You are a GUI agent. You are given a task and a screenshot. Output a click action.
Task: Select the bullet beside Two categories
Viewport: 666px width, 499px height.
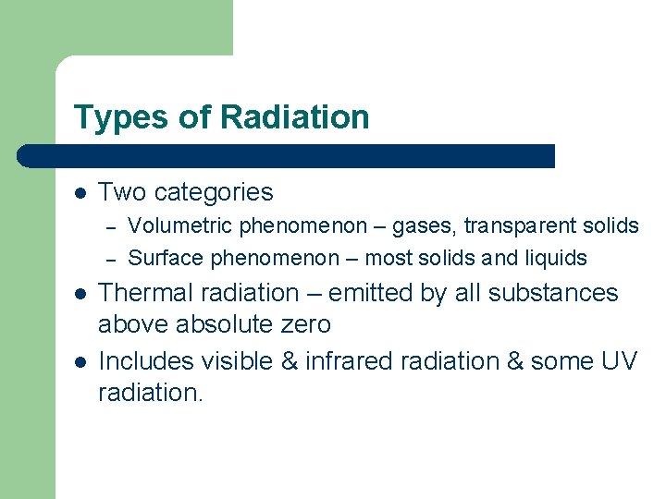80,193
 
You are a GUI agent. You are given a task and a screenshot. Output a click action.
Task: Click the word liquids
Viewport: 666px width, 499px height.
554,258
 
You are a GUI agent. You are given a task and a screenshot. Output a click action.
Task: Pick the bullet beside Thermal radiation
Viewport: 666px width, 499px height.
80,294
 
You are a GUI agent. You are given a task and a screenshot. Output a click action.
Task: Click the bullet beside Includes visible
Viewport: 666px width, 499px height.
80,361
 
